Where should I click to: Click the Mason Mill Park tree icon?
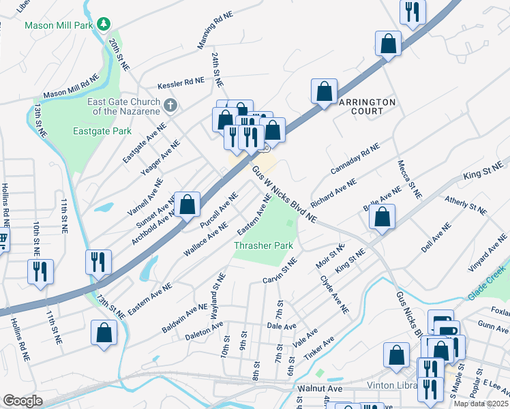point(103,25)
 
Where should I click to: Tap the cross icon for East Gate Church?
point(171,106)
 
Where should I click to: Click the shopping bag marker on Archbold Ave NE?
point(186,204)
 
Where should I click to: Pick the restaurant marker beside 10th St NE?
point(40,271)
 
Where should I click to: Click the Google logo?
point(22,401)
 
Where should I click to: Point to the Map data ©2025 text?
point(481,404)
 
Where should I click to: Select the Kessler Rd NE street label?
point(181,83)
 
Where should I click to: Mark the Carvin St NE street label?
point(280,271)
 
